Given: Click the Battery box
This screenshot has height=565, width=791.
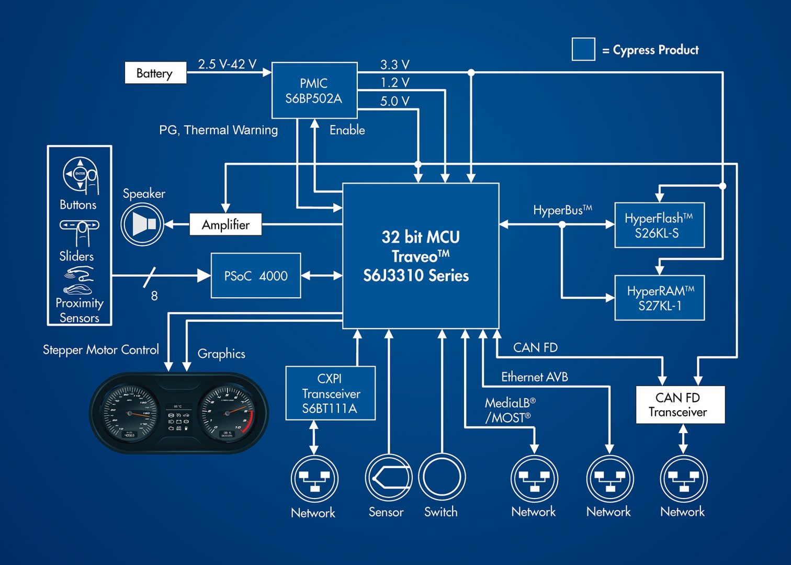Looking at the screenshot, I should [x=155, y=73].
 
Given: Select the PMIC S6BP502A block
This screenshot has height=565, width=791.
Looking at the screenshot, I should [x=314, y=91].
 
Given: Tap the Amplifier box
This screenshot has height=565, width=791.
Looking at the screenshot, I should [x=225, y=224].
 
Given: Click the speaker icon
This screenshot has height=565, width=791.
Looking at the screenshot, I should [x=142, y=224].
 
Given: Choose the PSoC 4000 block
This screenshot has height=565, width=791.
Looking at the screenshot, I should [x=256, y=276].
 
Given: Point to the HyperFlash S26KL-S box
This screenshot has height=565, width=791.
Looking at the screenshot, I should [x=659, y=225].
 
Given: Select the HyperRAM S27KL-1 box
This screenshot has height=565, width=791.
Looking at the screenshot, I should [x=659, y=298].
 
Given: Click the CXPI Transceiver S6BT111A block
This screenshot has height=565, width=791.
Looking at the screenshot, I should [x=331, y=393].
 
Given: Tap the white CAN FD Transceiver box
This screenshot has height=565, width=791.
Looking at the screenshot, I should [x=680, y=404].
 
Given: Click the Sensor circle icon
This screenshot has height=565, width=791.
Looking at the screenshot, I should [x=388, y=477].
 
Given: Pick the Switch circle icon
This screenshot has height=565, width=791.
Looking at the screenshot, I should [x=442, y=477].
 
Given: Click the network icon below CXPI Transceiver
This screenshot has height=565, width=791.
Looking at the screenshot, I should [x=314, y=479].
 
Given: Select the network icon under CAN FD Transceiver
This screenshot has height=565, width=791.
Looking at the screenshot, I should [x=683, y=479].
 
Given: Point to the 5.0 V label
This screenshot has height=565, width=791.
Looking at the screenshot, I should [x=395, y=101].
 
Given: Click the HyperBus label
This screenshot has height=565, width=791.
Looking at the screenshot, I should [x=562, y=210].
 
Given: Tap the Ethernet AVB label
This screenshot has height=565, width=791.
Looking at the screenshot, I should [x=534, y=377].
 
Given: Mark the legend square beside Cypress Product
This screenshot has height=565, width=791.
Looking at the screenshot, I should [x=583, y=49].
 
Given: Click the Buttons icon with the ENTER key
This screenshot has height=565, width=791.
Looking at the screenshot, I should [x=80, y=175].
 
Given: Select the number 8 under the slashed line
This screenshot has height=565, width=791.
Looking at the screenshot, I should [x=154, y=296].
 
